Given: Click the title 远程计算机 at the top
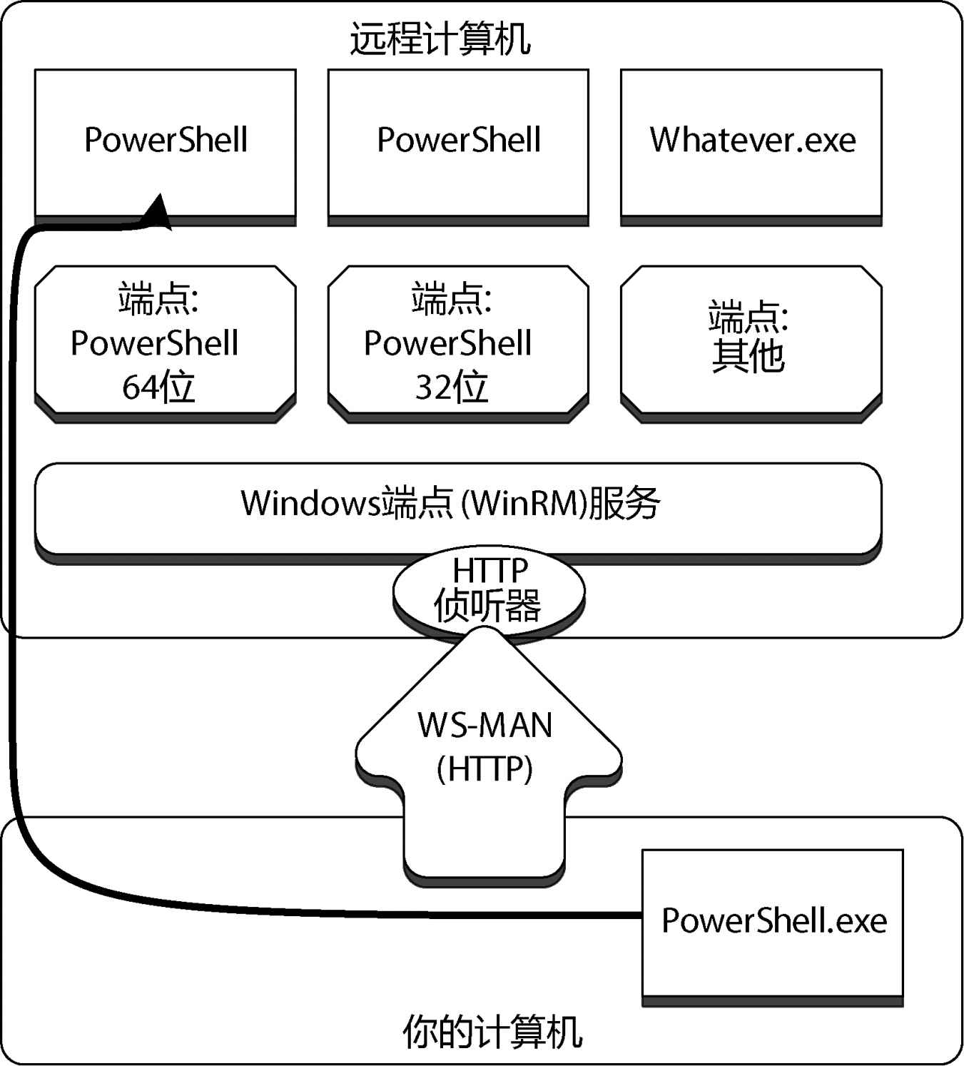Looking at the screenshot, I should click(x=440, y=38).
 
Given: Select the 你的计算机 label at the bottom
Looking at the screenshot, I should click(x=492, y=1032).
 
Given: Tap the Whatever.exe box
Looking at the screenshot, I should click(x=751, y=143).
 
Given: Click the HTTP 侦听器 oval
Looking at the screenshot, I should click(x=489, y=591).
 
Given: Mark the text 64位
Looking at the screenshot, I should click(x=158, y=387).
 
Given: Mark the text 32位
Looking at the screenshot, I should click(x=452, y=387).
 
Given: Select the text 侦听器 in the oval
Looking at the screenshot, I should click(x=488, y=606).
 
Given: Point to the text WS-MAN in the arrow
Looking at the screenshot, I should click(x=485, y=726).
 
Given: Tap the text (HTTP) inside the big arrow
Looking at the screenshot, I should click(x=485, y=769).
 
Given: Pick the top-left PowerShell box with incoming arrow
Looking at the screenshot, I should click(x=165, y=143).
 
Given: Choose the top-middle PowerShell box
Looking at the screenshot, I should click(x=458, y=143).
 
